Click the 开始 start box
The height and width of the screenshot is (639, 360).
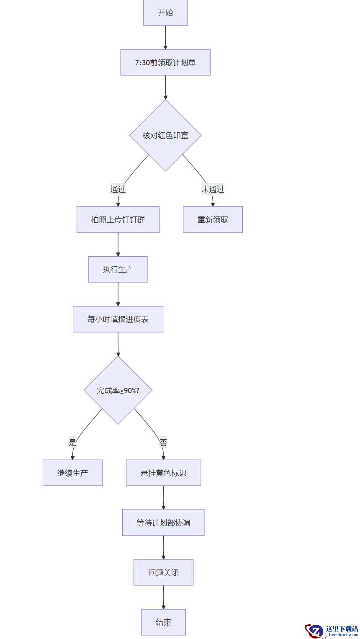[165, 13]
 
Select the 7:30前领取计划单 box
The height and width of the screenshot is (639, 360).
[165, 62]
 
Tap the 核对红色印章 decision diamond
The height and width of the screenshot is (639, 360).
[165, 135]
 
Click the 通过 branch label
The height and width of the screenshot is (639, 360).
[118, 189]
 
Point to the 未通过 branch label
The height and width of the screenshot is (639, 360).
[213, 189]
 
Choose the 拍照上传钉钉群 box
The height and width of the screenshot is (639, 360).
[118, 220]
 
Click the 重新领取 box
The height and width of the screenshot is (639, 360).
[213, 220]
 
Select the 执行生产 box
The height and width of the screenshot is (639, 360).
[118, 269]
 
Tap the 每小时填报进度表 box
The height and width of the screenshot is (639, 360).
[118, 319]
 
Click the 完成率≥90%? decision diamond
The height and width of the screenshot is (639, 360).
[118, 390]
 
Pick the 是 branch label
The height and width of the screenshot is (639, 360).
[73, 443]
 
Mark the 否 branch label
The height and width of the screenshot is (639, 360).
[163, 443]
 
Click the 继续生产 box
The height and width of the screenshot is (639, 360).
[72, 473]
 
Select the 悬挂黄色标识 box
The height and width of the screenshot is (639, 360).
[163, 473]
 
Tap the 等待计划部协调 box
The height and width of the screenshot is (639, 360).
[163, 523]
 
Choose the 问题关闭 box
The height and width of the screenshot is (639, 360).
[163, 572]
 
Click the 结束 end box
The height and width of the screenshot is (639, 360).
[163, 622]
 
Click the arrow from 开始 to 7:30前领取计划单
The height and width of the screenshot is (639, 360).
[165, 37]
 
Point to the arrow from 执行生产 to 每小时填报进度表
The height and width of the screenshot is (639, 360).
[118, 294]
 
